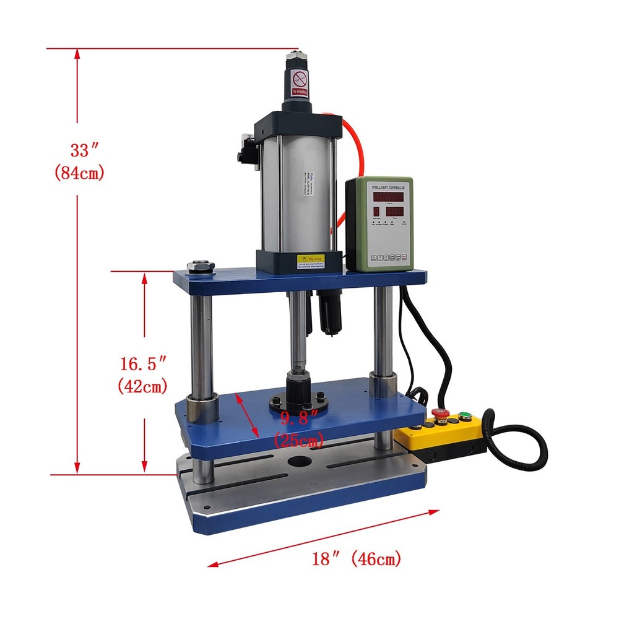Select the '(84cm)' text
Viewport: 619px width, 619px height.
point(79,173)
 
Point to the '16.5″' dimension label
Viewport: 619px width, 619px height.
point(144,362)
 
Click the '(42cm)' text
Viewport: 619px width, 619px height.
point(143,387)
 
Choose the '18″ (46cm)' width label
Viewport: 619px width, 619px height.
point(356,560)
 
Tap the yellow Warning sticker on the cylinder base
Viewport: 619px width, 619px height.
point(311,261)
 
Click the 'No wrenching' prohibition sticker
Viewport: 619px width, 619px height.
point(300,82)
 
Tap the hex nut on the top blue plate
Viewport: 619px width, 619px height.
point(202,266)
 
